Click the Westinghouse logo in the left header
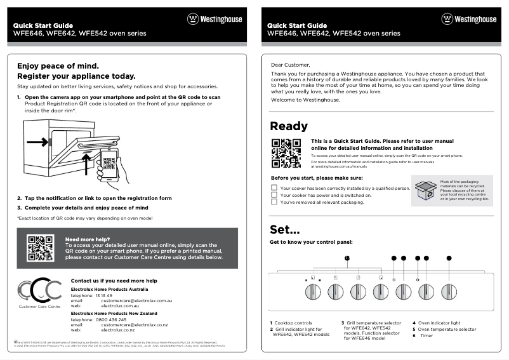pyautogui.click(x=214, y=19)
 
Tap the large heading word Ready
pyautogui.click(x=289, y=126)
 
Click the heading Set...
pyautogui.click(x=284, y=229)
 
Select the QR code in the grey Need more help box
pyautogui.click(x=40, y=248)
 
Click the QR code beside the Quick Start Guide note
pyautogui.click(x=286, y=153)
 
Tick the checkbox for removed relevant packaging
pyautogui.click(x=274, y=203)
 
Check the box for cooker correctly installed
pyautogui.click(x=274, y=188)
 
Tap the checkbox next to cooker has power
pyautogui.click(x=274, y=196)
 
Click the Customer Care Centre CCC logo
pyautogui.click(x=39, y=290)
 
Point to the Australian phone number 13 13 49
pyautogui.click(x=103, y=295)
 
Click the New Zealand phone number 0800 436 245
pyautogui.click(x=109, y=319)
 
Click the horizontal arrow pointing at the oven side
pyautogui.click(x=36, y=141)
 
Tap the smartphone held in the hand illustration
pyautogui.click(x=109, y=163)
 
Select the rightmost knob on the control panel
pyautogui.click(x=449, y=291)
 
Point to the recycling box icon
pyautogui.click(x=425, y=189)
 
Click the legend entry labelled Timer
pyautogui.click(x=426, y=336)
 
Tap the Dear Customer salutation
pyautogui.click(x=291, y=65)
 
